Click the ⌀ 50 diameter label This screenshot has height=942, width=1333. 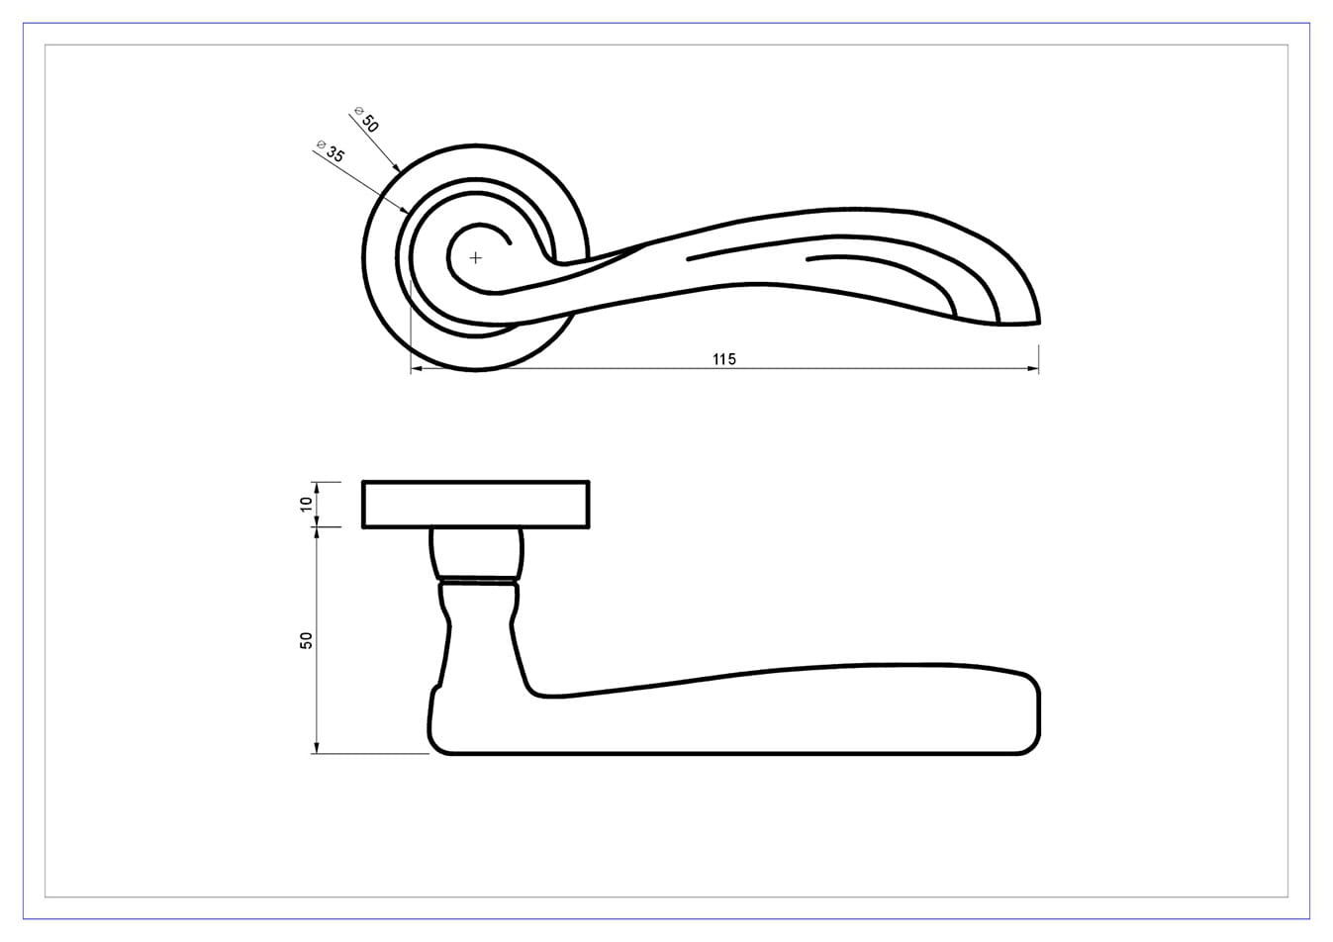pos(366,119)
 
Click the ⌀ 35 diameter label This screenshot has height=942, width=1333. pos(331,151)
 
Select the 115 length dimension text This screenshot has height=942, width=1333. pos(724,359)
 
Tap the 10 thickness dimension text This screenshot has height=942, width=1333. pos(306,504)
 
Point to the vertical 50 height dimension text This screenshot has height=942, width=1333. pos(306,641)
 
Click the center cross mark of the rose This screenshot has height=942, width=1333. pos(475,257)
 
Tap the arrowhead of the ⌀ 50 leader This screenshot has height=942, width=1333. pos(396,167)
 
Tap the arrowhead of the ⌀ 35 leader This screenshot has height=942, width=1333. pos(404,209)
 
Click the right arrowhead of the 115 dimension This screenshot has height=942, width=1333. pos(1033,368)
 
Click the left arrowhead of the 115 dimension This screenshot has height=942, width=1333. pos(417,368)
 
